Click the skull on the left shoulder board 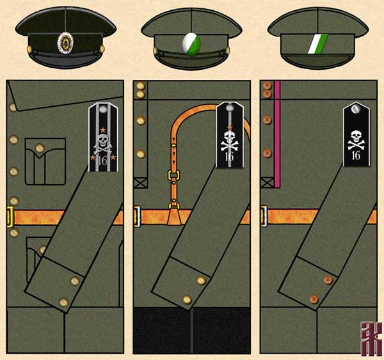click(104, 139)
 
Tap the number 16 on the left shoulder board click(103, 160)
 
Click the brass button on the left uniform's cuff click(77, 280)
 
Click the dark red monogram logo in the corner click(369, 338)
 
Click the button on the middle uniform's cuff click(202, 280)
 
